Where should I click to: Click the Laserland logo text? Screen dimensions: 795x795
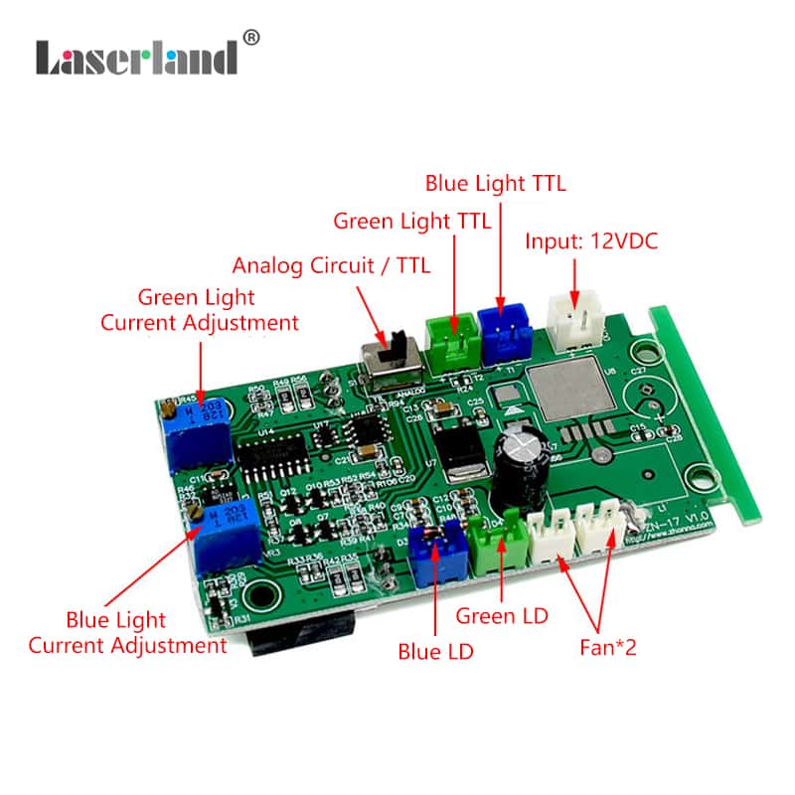click(x=136, y=57)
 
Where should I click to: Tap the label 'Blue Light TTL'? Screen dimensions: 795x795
click(x=495, y=183)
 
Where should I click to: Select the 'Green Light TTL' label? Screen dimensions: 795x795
click(x=411, y=221)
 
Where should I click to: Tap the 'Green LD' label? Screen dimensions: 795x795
click(x=502, y=615)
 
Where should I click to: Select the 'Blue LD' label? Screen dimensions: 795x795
click(x=435, y=652)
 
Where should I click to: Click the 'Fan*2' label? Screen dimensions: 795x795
click(x=607, y=648)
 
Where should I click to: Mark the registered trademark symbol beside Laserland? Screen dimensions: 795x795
click(x=251, y=38)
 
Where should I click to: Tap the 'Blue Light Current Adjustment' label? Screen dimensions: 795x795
click(x=127, y=633)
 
